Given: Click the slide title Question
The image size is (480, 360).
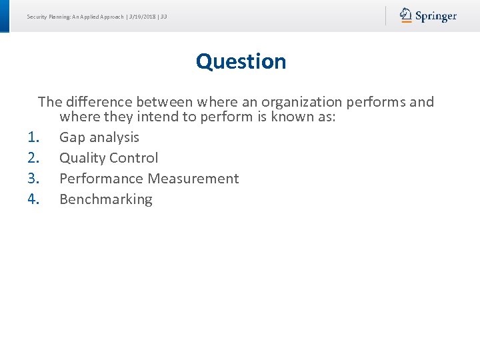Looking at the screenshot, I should tap(241, 61).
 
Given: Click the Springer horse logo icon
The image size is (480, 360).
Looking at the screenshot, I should tap(406, 15).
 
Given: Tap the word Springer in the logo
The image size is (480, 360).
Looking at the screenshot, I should tap(436, 16).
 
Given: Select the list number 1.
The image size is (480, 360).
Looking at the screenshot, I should tap(35, 137).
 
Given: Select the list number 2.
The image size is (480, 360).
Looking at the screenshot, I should tap(35, 158).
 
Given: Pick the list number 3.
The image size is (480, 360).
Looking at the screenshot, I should tap(35, 179).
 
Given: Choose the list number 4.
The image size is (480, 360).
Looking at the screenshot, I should tap(35, 199).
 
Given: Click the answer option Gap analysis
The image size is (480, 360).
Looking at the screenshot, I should tap(99, 137).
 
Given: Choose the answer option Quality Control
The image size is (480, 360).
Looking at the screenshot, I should tap(109, 158).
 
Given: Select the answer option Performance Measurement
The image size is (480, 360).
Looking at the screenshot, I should tap(149, 179).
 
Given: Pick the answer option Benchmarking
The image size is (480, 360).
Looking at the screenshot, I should tap(105, 199).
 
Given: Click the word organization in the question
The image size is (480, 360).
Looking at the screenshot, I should tap(299, 102).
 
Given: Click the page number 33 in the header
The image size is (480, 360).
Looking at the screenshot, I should tap(163, 16).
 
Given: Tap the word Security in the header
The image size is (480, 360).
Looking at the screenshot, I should tap(37, 16).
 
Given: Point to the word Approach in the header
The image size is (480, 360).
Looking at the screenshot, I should tap(111, 16).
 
